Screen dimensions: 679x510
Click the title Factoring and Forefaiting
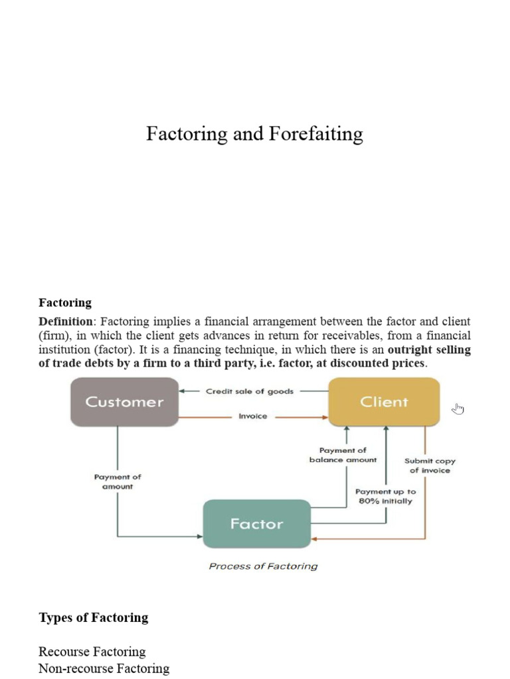click(254, 135)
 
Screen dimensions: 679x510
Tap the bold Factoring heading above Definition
click(65, 303)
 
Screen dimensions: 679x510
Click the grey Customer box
click(124, 402)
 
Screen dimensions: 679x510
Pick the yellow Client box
click(384, 402)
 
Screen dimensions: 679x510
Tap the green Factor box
click(256, 524)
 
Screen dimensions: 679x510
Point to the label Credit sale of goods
click(249, 391)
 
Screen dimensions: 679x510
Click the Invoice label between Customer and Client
click(252, 417)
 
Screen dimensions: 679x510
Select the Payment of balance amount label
click(343, 455)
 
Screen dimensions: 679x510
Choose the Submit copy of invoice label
click(430, 465)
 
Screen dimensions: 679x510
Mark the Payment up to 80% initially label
click(385, 497)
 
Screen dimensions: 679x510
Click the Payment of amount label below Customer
click(118, 481)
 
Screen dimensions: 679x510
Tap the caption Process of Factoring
click(263, 566)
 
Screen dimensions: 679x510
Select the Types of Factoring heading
click(94, 618)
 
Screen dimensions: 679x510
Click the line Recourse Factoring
click(92, 652)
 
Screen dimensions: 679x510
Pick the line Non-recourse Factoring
click(104, 668)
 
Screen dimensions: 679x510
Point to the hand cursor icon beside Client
click(458, 408)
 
